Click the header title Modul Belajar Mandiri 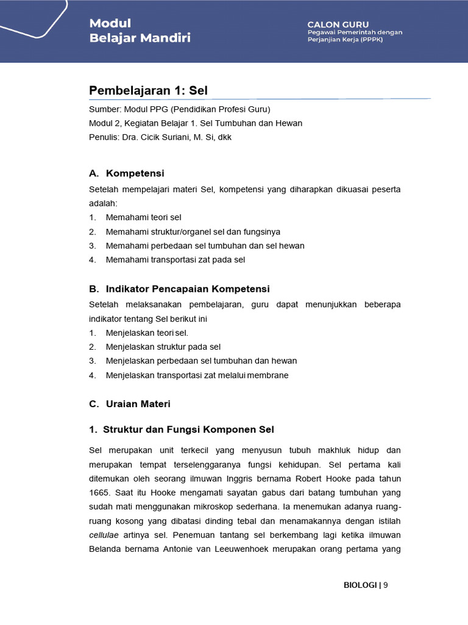tap(140, 31)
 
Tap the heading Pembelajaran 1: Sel tap(148, 90)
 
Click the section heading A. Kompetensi tap(127, 173)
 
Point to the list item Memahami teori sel tap(143, 217)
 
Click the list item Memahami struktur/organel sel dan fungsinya tap(193, 231)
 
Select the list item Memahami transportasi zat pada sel tap(175, 259)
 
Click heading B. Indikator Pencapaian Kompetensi tap(179, 289)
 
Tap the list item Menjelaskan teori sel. tap(147, 333)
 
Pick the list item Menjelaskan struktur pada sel tap(163, 347)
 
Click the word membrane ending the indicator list tap(268, 375)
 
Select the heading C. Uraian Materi tap(130, 404)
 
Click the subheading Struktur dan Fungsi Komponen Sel tap(189, 430)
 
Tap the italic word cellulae tap(104, 535)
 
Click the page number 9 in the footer tap(386, 585)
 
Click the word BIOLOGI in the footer tap(360, 585)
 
